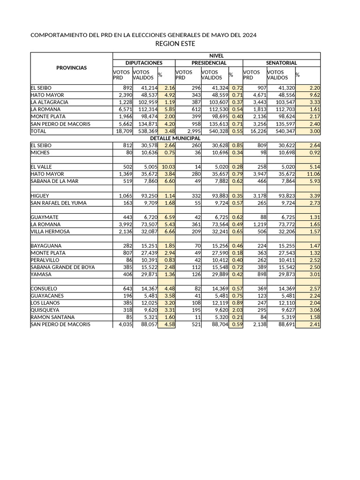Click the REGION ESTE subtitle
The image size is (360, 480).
[175, 44]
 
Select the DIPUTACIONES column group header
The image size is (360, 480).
[144, 63]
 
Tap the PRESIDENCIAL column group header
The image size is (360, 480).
[209, 63]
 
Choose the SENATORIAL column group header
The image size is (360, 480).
[281, 63]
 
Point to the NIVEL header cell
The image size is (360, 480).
[217, 56]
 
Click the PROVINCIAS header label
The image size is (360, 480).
[72, 68]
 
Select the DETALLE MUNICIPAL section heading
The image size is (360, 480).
[175, 138]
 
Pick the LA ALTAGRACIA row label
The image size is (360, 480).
[50, 102]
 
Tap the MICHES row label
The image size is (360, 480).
[40, 153]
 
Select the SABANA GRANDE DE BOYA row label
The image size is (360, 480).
[63, 267]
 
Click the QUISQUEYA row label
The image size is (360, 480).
[45, 310]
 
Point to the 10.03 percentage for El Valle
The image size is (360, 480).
[167, 167]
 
